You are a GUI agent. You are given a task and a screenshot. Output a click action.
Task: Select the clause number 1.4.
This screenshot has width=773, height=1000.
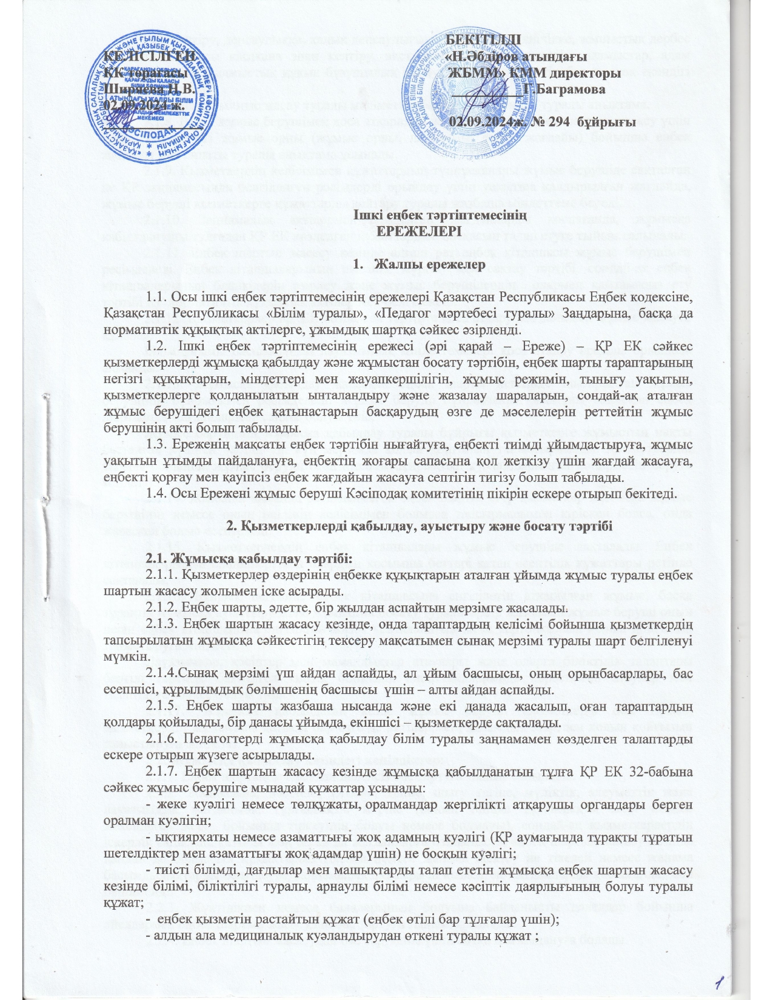click(157, 494)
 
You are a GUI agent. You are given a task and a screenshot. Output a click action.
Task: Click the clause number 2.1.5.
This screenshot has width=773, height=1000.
click(162, 708)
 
